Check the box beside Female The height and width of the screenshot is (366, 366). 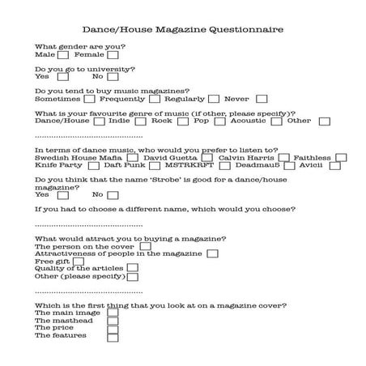[113, 55]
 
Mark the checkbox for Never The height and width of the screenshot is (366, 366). [257, 99]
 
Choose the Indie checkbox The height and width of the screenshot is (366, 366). [135, 121]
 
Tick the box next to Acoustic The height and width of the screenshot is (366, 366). [276, 121]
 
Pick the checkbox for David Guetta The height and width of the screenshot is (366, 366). [207, 157]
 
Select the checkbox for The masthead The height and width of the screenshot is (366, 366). [113, 320]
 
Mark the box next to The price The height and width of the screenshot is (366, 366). [113, 328]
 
